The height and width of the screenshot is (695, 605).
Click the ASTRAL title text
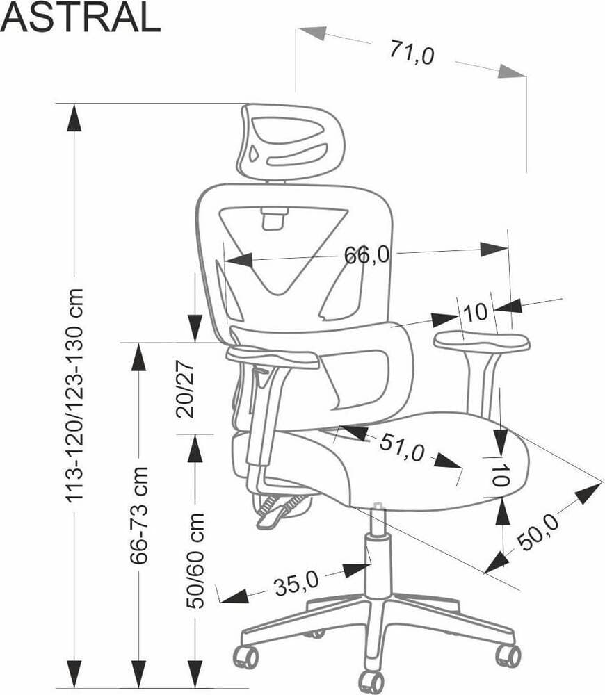pyautogui.click(x=80, y=18)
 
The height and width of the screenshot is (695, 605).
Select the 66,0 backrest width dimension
pyautogui.click(x=366, y=255)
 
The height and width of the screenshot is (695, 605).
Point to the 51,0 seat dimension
pyautogui.click(x=401, y=448)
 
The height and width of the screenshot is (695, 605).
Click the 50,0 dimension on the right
pyautogui.click(x=538, y=530)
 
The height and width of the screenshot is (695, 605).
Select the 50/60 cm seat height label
pyautogui.click(x=196, y=560)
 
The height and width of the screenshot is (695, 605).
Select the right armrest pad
pyautogui.click(x=482, y=341)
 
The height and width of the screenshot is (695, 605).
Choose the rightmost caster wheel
pyautogui.click(x=508, y=655)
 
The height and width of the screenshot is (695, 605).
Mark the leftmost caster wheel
pyautogui.click(x=246, y=656)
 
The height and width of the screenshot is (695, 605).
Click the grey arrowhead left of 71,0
pyautogui.click(x=311, y=33)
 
